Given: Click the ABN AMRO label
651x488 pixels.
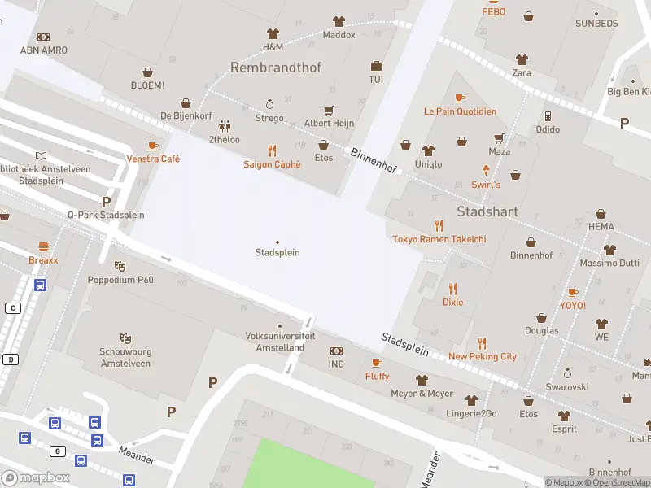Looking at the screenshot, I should (44, 50).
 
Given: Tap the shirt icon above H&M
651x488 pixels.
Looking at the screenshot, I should (273, 33).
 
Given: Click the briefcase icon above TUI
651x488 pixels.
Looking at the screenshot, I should (376, 66).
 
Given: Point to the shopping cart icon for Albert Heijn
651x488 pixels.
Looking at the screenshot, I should (329, 110).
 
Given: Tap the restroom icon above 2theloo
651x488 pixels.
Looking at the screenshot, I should (225, 126).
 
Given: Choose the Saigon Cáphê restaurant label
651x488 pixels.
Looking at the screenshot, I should (272, 164).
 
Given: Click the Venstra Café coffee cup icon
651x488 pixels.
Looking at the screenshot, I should (153, 146).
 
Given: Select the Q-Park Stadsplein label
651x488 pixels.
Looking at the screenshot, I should (106, 215).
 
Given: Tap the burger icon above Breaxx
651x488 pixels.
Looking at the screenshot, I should (43, 246).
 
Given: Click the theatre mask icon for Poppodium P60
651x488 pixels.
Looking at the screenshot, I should (120, 266).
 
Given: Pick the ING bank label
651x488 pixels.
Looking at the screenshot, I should (336, 364).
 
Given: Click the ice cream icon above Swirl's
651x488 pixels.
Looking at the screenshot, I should (486, 170).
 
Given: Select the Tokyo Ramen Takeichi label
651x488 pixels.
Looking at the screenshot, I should (439, 239).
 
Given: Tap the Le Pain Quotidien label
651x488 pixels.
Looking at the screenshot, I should (460, 111).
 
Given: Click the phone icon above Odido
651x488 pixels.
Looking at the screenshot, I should (548, 115).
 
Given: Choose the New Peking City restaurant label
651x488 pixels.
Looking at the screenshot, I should (483, 356).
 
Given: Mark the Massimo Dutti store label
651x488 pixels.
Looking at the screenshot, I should (609, 264).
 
